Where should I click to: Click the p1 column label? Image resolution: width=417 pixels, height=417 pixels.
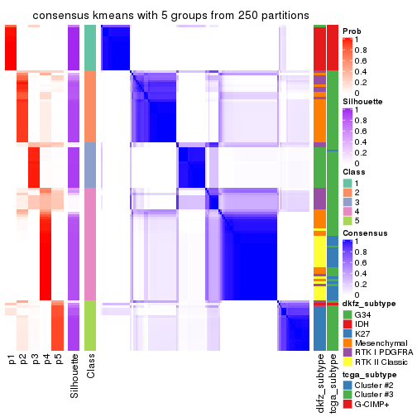tap(12, 360)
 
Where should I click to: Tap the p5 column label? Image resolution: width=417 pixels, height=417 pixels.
tap(59, 360)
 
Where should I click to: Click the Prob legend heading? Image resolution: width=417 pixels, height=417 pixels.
tap(352, 31)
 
